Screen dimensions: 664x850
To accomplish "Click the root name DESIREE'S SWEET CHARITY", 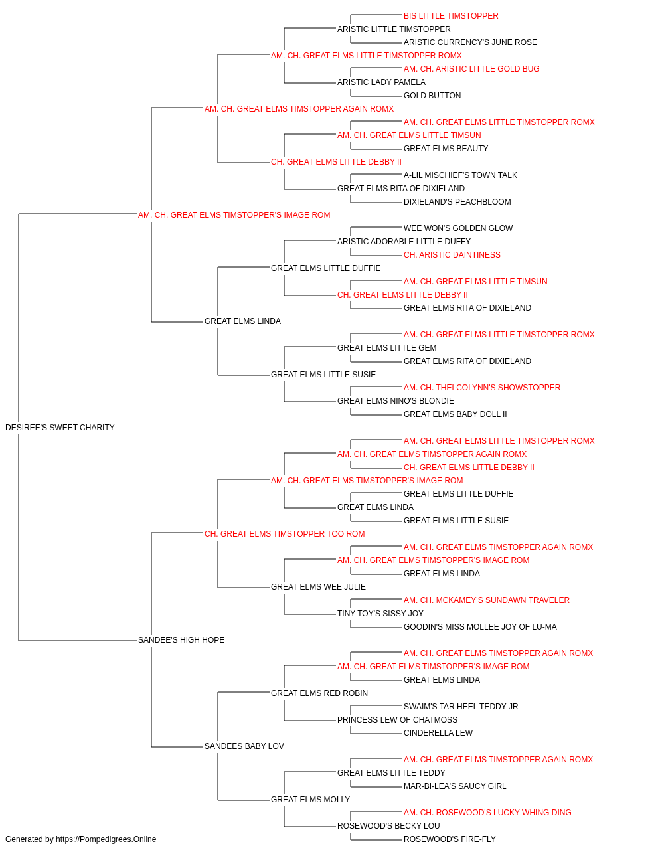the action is click(x=60, y=428).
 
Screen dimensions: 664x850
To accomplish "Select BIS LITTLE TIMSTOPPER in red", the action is click(x=451, y=16).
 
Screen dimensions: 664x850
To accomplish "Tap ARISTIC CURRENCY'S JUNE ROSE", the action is click(x=470, y=42).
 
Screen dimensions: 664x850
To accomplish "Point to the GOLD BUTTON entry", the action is click(x=432, y=96).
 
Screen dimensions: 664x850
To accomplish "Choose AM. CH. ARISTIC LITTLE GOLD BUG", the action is click(x=471, y=69).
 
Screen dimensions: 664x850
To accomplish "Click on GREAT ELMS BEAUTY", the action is click(x=446, y=149).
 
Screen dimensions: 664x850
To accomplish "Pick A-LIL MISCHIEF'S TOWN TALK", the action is click(x=460, y=175).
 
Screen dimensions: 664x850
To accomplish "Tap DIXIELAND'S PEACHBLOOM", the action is click(x=457, y=203).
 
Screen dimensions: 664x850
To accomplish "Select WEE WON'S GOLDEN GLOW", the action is click(x=458, y=229).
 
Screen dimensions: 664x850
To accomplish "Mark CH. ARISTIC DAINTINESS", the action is click(x=452, y=256).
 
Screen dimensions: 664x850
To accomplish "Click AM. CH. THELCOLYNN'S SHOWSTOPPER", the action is click(x=482, y=388).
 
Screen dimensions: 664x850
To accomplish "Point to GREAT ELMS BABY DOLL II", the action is click(x=456, y=414).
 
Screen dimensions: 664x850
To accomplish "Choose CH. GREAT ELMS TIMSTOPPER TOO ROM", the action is click(x=284, y=534).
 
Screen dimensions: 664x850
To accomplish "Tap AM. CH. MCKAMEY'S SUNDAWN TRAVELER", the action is click(x=487, y=600).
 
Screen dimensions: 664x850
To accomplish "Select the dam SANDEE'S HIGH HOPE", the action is click(x=181, y=640).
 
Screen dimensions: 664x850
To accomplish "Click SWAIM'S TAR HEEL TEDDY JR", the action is click(x=461, y=707).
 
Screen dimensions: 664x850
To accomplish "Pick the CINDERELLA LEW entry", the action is click(x=438, y=733).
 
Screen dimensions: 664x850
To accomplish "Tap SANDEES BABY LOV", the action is click(x=244, y=746).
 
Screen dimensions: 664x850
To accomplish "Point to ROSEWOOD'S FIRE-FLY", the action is click(x=450, y=840).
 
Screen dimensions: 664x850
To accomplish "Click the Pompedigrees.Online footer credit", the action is click(x=80, y=840).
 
